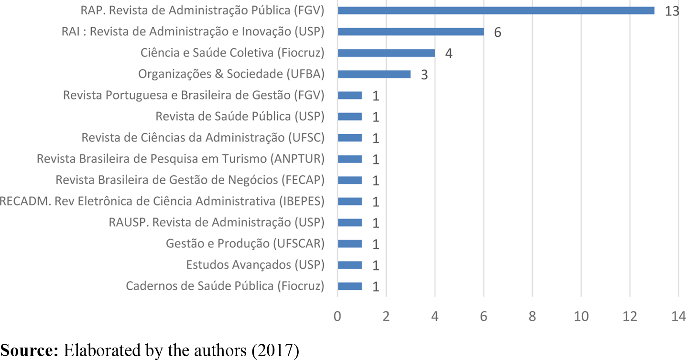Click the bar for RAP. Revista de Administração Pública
point(496,11)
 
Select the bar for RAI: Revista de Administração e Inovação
point(411,32)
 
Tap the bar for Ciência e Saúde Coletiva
point(386,53)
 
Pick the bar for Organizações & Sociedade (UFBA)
point(374,74)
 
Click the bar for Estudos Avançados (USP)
point(350,265)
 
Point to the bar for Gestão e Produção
point(350,244)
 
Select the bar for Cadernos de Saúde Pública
point(350,286)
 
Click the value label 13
point(672,11)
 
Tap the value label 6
point(497,33)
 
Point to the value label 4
point(448,54)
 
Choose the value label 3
point(424,75)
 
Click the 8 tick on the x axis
point(532,316)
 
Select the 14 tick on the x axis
point(678,316)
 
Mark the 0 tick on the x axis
point(338,316)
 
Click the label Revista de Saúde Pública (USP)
point(240,116)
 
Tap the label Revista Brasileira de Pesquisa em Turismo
point(181,159)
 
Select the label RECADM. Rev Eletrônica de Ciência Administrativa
point(162,201)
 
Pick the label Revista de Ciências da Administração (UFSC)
point(203,138)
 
